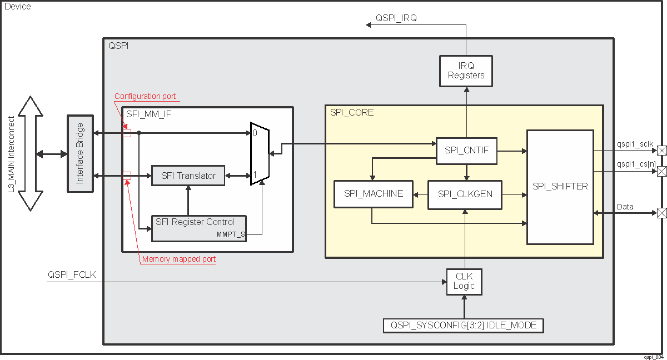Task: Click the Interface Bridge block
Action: pos(80,153)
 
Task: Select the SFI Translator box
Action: pos(188,176)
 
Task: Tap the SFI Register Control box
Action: pos(199,226)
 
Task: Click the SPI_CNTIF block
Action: pos(466,151)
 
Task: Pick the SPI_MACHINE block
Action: pos(373,194)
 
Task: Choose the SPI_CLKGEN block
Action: pos(464,194)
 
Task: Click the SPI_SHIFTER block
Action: pos(560,187)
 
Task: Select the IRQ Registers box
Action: pos(466,71)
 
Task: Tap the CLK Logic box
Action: pos(464,281)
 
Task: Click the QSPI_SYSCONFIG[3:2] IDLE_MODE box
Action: pos(464,326)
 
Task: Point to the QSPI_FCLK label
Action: pos(72,274)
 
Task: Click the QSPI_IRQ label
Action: pos(396,18)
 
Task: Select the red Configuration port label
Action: pos(145,96)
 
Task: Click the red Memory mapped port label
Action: pos(178,259)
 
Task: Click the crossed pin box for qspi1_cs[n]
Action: pos(661,172)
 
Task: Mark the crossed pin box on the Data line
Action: pos(661,213)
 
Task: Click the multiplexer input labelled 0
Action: pos(255,133)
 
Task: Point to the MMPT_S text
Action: pos(231,234)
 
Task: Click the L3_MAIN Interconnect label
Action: pos(12,153)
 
